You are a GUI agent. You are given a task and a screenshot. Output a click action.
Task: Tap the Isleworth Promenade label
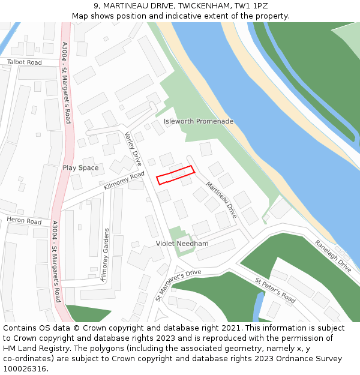pos(199,121)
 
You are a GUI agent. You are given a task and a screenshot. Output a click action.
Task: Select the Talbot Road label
pos(25,62)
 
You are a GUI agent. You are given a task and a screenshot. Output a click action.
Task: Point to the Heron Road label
pos(24,221)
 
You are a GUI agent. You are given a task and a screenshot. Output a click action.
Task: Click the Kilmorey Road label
pos(124,180)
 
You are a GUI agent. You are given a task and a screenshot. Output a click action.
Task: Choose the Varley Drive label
pos(133,149)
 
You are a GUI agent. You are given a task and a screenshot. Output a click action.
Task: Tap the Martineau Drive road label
pos(221,200)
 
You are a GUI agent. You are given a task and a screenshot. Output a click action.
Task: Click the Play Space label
pos(80,168)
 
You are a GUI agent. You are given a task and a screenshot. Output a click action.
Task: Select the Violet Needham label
pos(182,244)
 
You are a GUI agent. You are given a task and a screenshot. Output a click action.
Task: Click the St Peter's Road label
pos(275,290)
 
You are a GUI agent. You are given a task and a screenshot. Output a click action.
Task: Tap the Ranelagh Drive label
pos(333,256)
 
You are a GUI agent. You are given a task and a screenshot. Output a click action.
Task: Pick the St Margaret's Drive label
pos(178,284)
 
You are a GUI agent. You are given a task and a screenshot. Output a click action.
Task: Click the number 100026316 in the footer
pos(26,368)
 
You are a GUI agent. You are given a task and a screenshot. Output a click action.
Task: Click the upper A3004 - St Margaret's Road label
pos(66,82)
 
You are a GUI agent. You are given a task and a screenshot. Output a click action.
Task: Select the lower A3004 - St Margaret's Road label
pos(55,262)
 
